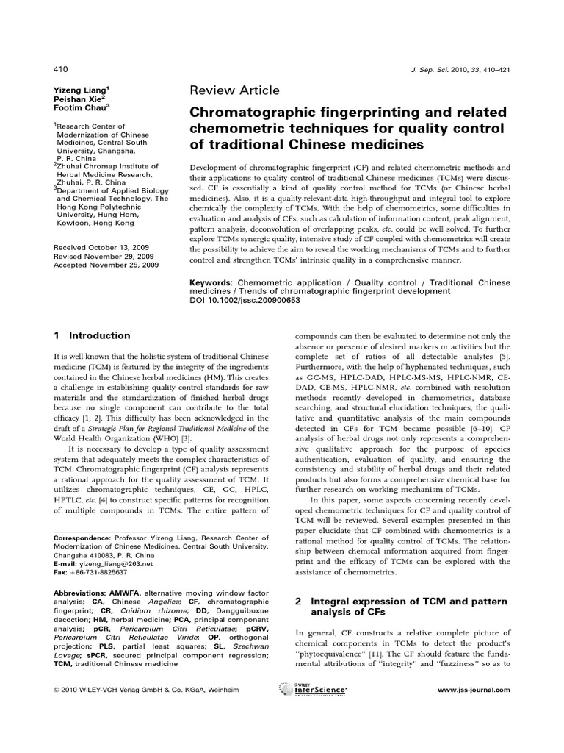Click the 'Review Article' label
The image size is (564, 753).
pos(235,90)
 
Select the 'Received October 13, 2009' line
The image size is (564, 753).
pos(103,248)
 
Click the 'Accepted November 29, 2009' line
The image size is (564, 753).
pos(106,265)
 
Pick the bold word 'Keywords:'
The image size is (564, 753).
pos(211,282)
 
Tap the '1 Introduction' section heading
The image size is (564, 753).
pos(93,335)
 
